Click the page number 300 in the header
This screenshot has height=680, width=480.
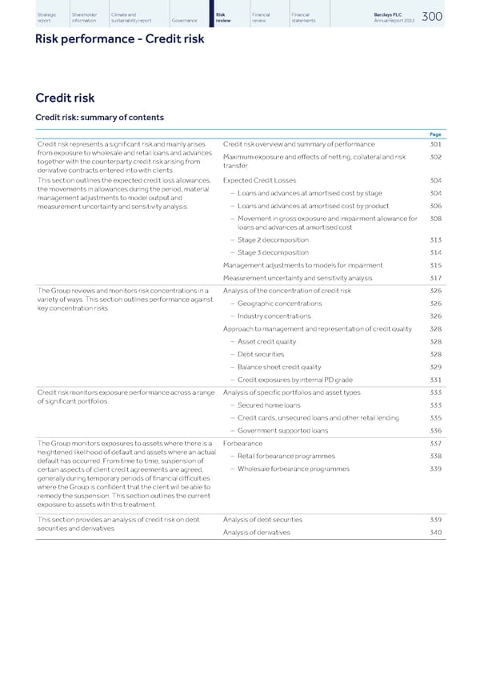[431, 17]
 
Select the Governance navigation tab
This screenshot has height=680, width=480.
[184, 20]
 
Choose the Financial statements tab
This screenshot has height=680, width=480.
[304, 17]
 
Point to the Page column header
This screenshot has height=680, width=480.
[436, 135]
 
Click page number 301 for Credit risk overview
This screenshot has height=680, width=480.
[435, 144]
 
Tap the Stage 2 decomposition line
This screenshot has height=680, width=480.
[272, 239]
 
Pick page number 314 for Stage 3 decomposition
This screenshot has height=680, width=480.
[435, 252]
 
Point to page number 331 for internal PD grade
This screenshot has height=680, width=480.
[435, 379]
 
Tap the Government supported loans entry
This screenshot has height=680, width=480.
[282, 430]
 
